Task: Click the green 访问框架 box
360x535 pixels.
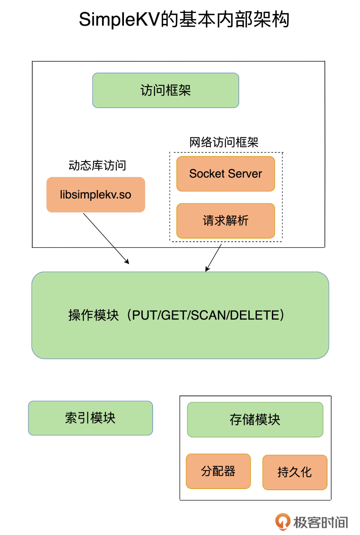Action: point(166,90)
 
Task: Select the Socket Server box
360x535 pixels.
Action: point(225,174)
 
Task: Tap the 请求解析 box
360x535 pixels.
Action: point(225,221)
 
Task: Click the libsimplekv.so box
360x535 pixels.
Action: point(96,195)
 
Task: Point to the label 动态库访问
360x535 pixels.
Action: point(97,165)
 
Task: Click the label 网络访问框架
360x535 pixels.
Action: point(223,142)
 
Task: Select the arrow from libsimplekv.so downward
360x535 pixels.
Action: point(106,238)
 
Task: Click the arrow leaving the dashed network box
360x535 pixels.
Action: point(214,257)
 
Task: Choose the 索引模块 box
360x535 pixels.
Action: point(90,418)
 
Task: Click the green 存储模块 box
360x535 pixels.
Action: point(255,419)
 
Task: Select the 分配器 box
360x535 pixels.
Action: point(218,471)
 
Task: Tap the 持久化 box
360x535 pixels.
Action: point(295,472)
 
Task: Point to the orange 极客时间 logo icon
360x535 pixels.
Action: point(282,522)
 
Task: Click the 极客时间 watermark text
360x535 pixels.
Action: point(320,522)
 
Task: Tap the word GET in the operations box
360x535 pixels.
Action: point(174,315)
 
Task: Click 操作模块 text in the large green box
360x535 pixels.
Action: point(93,315)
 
